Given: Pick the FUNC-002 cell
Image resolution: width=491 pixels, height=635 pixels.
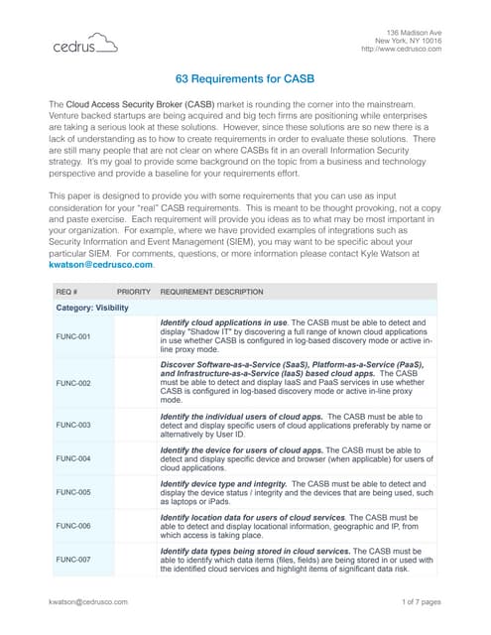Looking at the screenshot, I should (x=72, y=382).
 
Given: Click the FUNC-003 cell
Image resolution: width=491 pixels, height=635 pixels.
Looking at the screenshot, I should (x=72, y=425).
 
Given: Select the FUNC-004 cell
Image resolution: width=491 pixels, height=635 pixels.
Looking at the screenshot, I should (x=72, y=458).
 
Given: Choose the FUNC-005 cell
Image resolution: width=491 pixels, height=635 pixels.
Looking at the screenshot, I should (x=72, y=492).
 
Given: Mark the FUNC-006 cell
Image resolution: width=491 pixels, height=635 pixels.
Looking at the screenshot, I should (x=72, y=526).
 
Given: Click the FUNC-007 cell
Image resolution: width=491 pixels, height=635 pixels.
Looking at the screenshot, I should (x=72, y=560).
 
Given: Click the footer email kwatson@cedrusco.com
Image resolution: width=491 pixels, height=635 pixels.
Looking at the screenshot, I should (x=90, y=600).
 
